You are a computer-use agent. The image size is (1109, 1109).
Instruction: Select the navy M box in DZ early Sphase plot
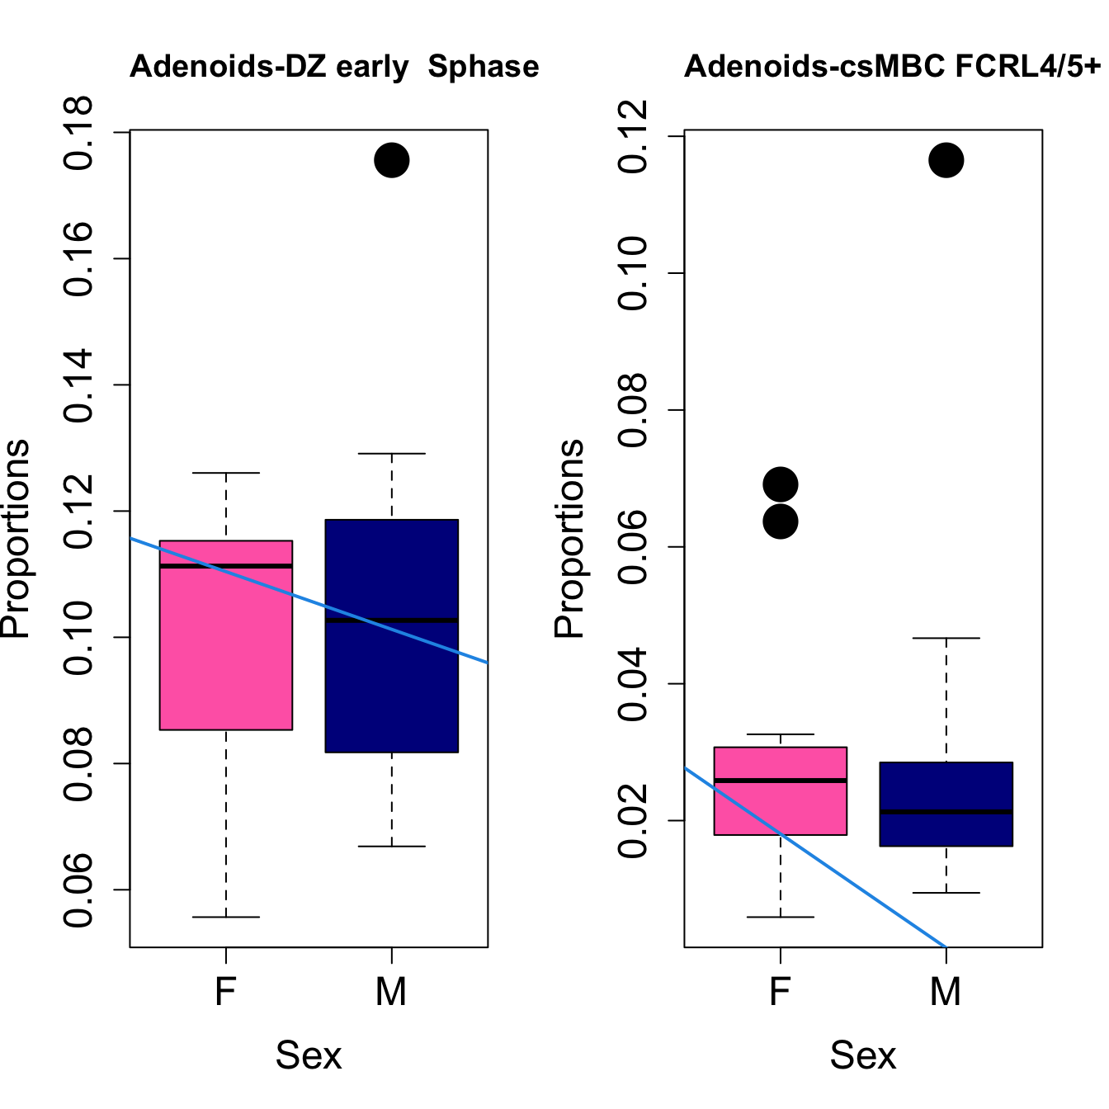(391, 685)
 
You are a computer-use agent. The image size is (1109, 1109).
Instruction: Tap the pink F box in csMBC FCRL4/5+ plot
(780, 805)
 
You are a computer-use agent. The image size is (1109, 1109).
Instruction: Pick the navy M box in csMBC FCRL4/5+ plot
(946, 829)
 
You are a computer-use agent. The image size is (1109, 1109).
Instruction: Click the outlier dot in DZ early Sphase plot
(391, 160)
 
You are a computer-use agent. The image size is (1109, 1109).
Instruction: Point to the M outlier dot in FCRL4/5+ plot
(946, 160)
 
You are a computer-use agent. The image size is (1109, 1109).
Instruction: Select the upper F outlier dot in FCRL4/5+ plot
(780, 484)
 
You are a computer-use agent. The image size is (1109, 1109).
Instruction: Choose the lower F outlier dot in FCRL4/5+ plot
(780, 521)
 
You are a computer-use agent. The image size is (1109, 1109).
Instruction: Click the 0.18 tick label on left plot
(79, 133)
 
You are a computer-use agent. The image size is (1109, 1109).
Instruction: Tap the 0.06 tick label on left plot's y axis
(79, 890)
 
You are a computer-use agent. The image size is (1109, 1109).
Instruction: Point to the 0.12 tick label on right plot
(634, 137)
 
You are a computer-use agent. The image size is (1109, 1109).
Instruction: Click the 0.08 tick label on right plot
(634, 411)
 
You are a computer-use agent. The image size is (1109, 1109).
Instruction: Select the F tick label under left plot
(225, 991)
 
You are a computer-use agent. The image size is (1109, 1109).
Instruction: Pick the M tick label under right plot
(946, 991)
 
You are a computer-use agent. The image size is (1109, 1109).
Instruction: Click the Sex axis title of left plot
(309, 1055)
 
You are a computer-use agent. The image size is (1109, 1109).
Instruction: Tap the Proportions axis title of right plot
(569, 538)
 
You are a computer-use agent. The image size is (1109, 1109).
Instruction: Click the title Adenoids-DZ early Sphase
(334, 67)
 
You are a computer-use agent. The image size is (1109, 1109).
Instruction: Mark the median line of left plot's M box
(391, 621)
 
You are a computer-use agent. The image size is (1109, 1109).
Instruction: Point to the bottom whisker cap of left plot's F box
(225, 917)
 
